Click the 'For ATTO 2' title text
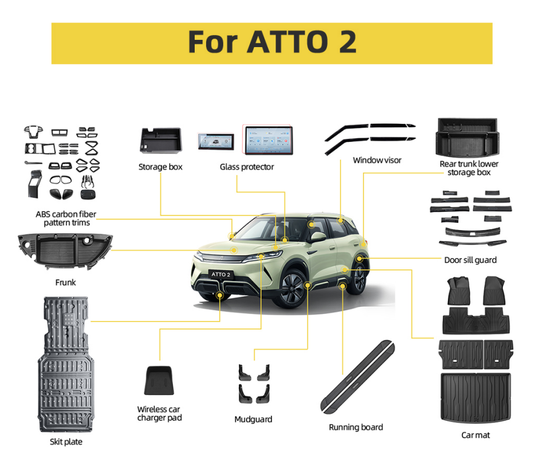click(272, 42)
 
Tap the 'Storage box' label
click(160, 167)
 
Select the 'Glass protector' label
click(247, 167)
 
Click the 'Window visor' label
click(377, 160)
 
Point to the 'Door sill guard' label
click(470, 260)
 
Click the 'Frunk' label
click(65, 282)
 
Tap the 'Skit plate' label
click(66, 441)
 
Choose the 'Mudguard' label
click(253, 419)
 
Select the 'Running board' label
click(355, 427)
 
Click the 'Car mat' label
click(475, 435)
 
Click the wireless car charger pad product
click(159, 380)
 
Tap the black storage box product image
click(161, 140)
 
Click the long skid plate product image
click(66, 364)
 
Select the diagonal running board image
click(357, 377)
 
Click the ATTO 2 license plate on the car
click(221, 274)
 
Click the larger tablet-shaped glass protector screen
click(268, 140)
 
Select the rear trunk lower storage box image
click(467, 138)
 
